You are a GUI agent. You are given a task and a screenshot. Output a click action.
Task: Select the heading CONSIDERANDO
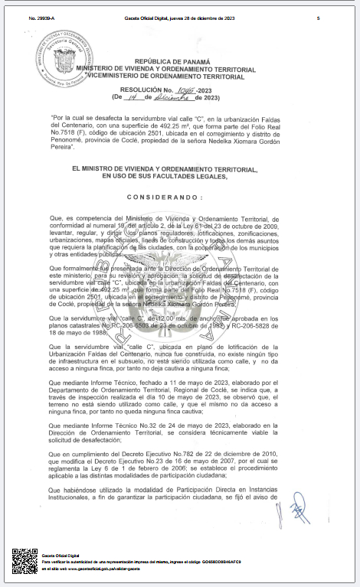[x=181, y=197]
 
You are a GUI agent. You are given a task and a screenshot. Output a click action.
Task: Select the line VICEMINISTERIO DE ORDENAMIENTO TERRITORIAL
[x=181, y=76]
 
